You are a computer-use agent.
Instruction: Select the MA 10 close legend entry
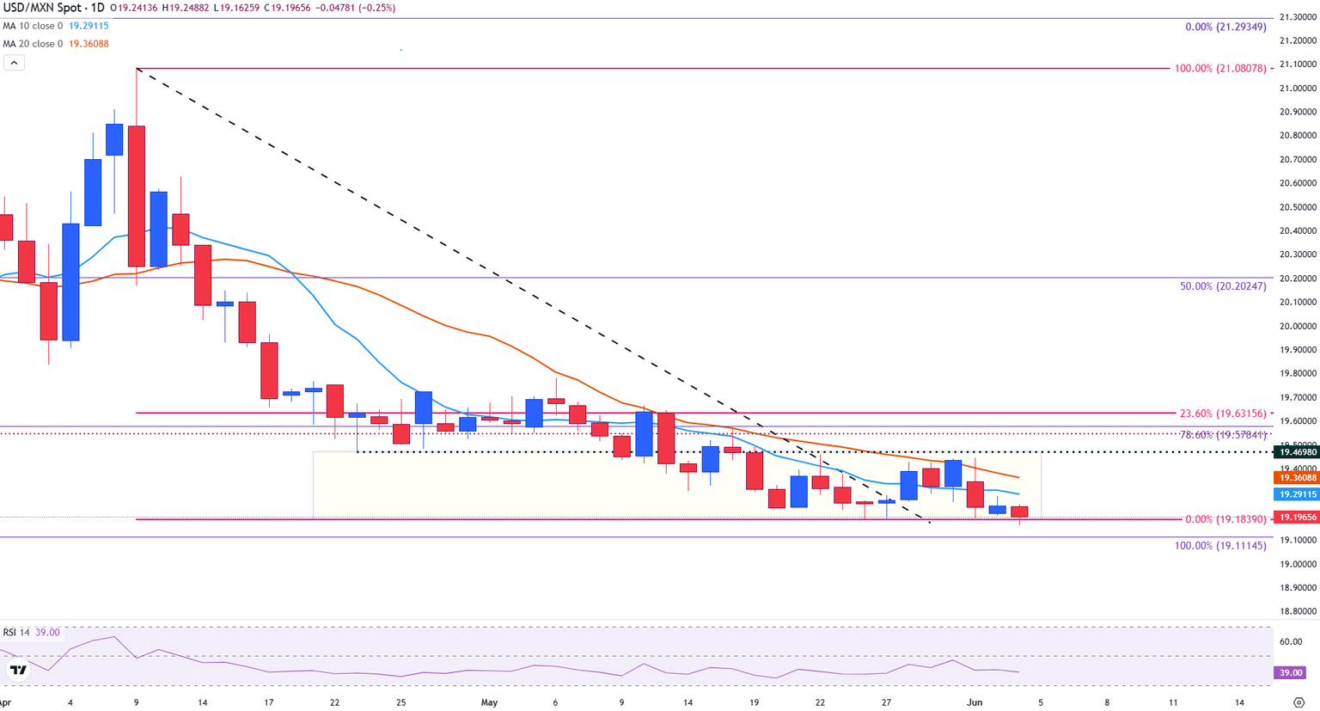point(33,26)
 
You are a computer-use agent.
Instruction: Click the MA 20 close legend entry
point(33,44)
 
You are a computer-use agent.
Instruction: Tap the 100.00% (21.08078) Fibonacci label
point(1220,68)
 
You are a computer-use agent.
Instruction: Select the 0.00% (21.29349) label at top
point(1225,28)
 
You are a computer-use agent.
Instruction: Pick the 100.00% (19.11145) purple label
point(1220,546)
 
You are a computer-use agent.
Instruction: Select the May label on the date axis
point(489,702)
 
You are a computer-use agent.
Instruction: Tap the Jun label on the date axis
point(975,702)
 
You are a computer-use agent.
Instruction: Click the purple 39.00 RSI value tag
point(1290,673)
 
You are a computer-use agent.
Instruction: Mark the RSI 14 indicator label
point(16,633)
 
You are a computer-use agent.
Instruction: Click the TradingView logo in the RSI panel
point(18,670)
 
